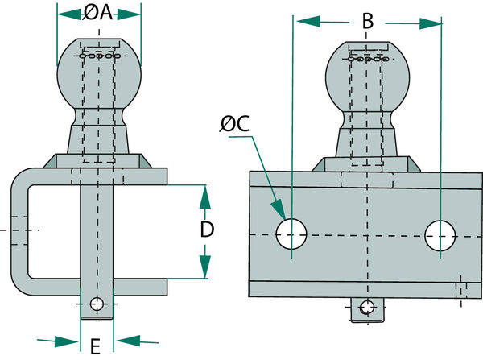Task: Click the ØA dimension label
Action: [98, 13]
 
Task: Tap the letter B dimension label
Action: [368, 21]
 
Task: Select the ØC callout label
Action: [235, 123]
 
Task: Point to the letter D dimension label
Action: [207, 230]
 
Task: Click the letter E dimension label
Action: [95, 346]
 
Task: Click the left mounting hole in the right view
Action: [291, 234]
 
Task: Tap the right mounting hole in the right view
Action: [440, 235]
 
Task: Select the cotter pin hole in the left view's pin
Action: [97, 304]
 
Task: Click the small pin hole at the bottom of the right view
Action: [367, 308]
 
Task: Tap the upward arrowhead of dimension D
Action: [204, 197]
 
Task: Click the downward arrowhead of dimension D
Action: [204, 267]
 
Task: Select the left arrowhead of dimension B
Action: [308, 21]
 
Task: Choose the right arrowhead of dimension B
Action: [431, 23]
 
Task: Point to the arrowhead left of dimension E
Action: [67, 341]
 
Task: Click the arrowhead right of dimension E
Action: [127, 341]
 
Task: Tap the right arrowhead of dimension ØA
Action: [129, 14]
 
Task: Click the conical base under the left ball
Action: [98, 139]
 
